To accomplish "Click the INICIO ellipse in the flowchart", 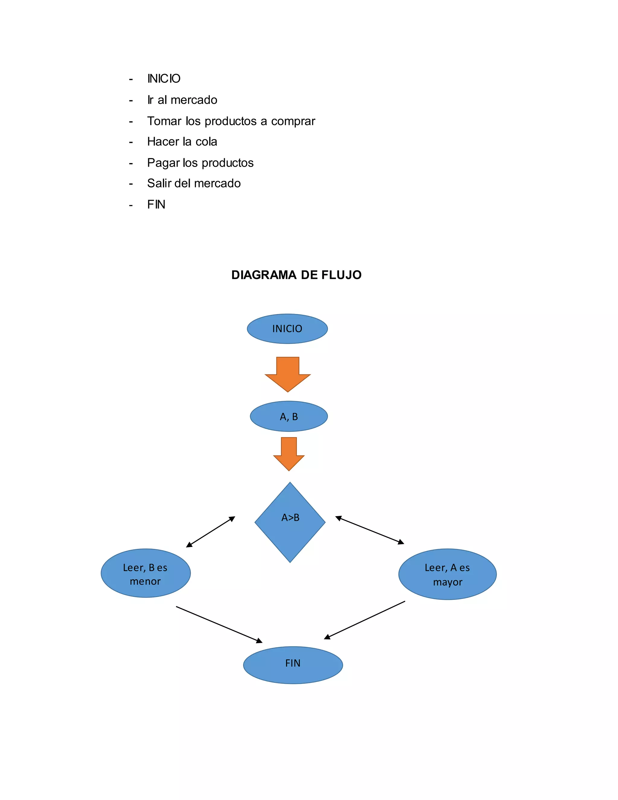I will point(287,328).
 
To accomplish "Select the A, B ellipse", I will point(289,417).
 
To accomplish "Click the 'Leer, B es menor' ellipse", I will point(146,573).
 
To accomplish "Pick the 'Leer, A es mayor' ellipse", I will point(448,574).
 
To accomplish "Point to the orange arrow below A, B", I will point(289,454).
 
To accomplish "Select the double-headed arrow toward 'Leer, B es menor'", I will point(211,532).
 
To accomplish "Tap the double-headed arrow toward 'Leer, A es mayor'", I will point(370,530).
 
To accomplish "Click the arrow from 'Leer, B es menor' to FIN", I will point(219,624).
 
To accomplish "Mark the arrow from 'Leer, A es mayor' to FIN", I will point(365,620).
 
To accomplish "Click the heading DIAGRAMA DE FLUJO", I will point(296,275).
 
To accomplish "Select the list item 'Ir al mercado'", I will point(182,100).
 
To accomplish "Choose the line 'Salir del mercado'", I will point(194,183).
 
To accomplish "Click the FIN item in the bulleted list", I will point(156,204).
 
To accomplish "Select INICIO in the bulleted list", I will point(164,78).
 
